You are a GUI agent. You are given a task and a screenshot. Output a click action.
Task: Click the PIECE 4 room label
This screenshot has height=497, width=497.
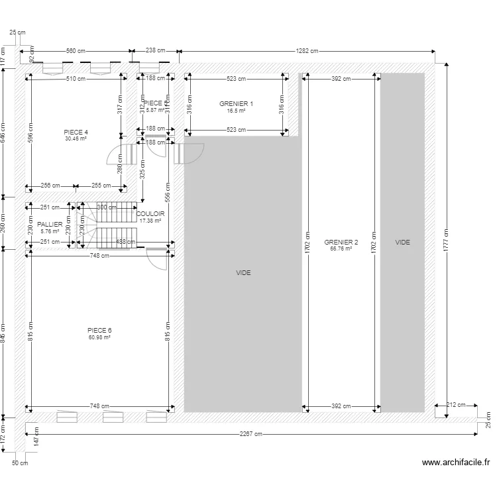76,132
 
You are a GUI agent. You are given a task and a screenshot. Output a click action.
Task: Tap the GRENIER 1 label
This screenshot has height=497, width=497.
236,104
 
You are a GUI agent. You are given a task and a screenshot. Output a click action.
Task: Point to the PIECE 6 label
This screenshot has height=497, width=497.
99,330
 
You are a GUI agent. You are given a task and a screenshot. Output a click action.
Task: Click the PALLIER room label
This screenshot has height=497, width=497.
50,225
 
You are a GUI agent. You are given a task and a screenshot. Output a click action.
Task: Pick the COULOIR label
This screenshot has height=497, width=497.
150,213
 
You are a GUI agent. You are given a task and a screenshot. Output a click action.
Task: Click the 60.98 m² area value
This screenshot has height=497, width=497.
99,337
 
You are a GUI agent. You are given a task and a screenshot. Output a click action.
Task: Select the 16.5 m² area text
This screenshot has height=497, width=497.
236,111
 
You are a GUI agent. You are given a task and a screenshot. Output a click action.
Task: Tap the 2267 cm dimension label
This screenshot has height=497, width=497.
251,434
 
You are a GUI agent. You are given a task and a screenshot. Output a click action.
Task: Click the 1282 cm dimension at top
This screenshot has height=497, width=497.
307,50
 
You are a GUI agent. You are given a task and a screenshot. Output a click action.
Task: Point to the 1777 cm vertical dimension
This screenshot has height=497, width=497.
447,242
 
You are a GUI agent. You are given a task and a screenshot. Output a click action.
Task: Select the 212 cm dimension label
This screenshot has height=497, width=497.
456,405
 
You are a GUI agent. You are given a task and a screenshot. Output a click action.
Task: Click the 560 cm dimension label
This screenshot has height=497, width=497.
76,50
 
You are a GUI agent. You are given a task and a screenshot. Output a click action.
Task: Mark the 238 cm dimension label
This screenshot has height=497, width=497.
155,50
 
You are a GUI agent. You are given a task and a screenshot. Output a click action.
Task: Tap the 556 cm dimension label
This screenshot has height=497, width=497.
168,192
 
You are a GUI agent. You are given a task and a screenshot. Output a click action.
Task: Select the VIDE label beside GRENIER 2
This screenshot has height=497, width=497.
402,243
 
